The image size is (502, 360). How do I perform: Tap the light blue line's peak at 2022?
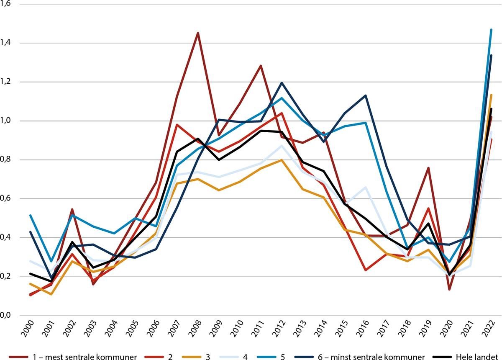(492, 29)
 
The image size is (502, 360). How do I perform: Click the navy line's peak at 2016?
(366, 95)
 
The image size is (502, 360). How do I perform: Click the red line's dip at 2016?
(366, 270)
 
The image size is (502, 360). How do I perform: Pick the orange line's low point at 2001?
(51, 294)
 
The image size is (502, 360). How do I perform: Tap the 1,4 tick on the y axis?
(7, 43)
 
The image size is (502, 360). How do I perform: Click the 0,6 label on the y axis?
(7, 199)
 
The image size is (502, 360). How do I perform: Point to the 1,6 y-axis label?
(7, 4)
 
